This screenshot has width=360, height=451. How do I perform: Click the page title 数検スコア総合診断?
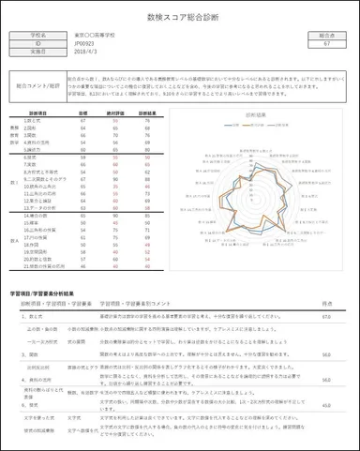(x=180, y=18)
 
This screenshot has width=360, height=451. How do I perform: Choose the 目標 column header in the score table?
(x=83, y=112)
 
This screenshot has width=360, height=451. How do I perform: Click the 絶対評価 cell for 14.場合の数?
(x=116, y=215)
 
